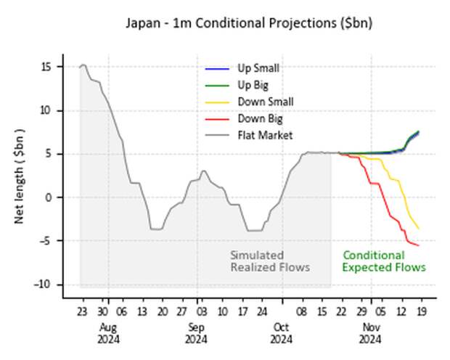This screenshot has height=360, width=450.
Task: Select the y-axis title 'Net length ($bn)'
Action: tap(20, 176)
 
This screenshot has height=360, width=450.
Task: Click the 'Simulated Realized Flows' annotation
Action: tap(270, 261)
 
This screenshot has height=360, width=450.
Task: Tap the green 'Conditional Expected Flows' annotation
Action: tap(384, 261)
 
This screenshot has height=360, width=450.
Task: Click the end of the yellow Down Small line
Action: tap(419, 229)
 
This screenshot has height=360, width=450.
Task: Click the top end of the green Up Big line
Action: tap(419, 131)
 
